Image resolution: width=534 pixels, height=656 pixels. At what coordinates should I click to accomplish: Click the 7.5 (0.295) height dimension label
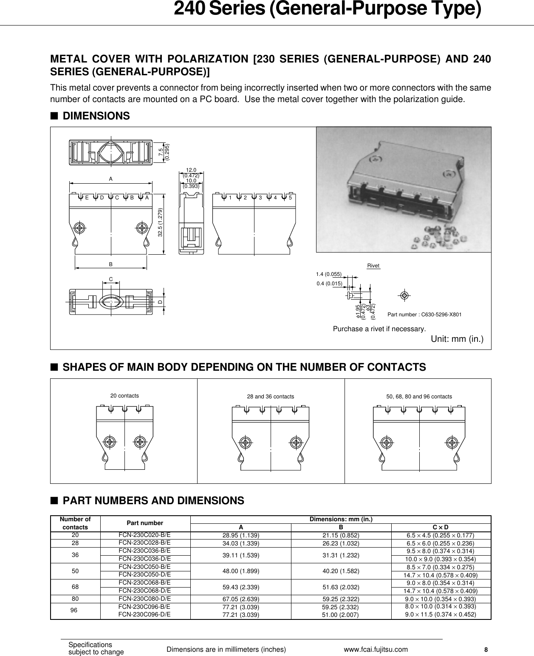click(164, 151)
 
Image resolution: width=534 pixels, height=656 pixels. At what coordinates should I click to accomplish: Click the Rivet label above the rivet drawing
click(373, 266)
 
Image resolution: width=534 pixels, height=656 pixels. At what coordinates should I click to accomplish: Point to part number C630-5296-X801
click(424, 315)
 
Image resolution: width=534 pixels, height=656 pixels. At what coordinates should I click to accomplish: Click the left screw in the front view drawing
click(79, 227)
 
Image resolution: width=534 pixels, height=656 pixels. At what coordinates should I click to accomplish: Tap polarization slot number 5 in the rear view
click(290, 198)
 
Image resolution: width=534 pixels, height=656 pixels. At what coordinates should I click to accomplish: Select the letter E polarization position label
click(87, 198)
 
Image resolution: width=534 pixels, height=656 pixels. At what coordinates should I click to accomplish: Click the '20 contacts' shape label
click(124, 396)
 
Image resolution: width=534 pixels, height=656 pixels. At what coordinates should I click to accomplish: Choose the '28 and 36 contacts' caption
click(271, 397)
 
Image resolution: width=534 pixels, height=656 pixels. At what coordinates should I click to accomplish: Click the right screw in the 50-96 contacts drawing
click(451, 443)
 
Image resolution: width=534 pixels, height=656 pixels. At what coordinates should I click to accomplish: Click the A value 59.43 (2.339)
click(241, 587)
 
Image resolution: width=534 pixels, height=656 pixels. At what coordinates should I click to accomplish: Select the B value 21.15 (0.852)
click(341, 535)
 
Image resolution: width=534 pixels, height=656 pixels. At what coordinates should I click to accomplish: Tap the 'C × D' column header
click(441, 527)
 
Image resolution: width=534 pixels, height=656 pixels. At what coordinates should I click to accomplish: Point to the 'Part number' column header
click(144, 523)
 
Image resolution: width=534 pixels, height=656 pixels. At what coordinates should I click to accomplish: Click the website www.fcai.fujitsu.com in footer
click(376, 649)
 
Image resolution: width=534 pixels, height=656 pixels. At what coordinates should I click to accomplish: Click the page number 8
click(486, 650)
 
